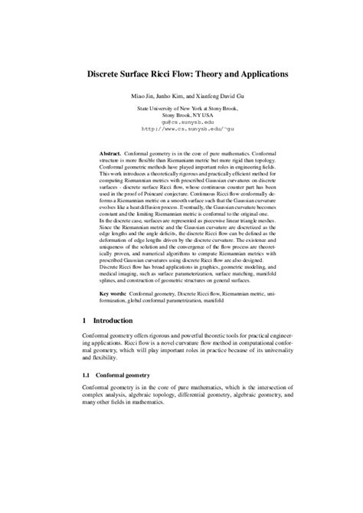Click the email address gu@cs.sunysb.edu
[181, 122]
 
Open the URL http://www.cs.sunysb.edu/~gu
[181, 129]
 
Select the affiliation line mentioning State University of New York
[181, 109]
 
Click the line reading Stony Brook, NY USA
[181, 115]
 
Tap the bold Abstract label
[115, 154]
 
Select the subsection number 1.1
[87, 376]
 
